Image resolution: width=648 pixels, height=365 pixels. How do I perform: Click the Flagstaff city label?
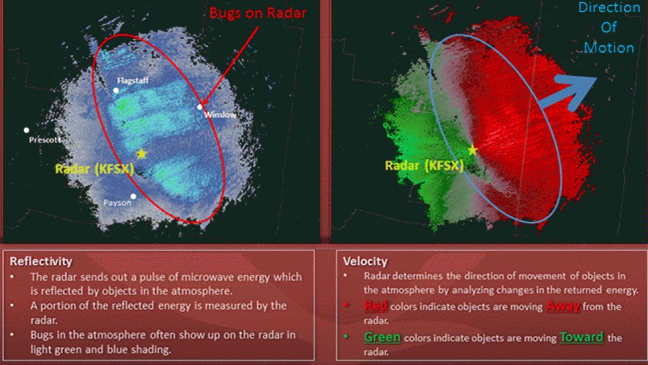(x=132, y=80)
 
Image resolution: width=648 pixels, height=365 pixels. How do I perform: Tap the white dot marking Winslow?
(x=200, y=107)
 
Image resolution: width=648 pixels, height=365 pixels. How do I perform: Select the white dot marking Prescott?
(x=26, y=130)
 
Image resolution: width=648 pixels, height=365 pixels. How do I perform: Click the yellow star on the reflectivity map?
(x=141, y=154)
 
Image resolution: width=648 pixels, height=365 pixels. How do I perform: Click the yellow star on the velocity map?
(x=472, y=150)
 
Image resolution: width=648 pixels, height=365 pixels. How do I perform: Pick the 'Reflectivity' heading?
(x=41, y=261)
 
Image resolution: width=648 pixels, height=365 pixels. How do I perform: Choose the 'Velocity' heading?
(x=366, y=261)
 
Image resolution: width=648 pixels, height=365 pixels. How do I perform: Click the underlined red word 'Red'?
(x=376, y=305)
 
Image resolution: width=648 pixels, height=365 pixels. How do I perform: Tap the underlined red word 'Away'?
(x=562, y=305)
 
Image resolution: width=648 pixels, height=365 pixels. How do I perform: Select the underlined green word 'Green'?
(x=382, y=337)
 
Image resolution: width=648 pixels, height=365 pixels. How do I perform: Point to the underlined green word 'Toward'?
(x=581, y=337)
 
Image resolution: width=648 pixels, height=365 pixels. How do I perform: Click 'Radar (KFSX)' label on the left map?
(x=94, y=169)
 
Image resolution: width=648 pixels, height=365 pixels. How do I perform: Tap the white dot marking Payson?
(x=134, y=196)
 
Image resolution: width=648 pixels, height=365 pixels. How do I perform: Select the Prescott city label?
(x=45, y=140)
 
